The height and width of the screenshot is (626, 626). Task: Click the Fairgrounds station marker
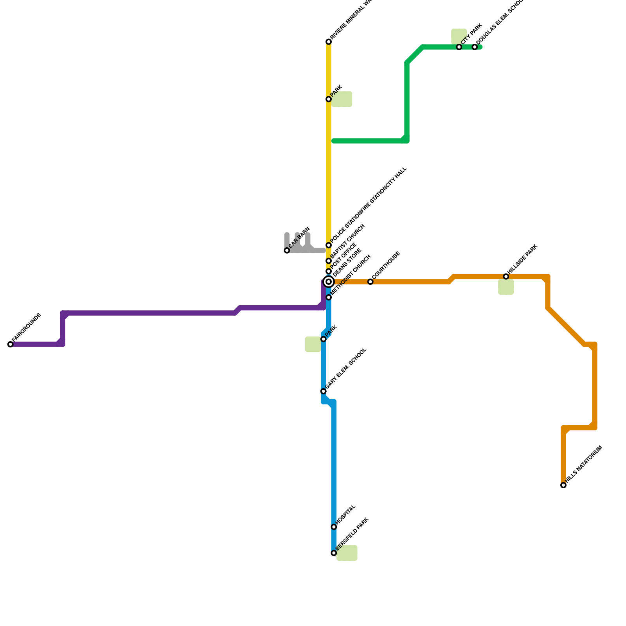10,344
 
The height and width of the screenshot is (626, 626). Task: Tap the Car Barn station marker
287,250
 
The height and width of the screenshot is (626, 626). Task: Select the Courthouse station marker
370,282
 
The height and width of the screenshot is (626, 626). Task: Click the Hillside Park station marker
506,277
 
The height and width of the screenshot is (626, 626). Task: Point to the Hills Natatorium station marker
563,485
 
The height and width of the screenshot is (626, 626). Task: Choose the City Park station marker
459,47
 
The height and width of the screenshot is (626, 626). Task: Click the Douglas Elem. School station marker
475,47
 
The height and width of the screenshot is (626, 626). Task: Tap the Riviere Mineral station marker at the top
329,42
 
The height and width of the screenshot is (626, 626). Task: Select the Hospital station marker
334,527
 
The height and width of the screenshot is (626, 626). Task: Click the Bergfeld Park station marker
334,553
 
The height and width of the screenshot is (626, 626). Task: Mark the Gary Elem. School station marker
323,391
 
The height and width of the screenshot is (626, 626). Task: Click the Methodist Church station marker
329,297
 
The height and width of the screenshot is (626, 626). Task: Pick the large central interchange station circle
329,282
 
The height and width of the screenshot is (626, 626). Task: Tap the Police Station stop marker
329,245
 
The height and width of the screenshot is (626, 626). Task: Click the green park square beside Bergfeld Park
347,553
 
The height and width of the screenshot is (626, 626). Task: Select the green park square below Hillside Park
506,287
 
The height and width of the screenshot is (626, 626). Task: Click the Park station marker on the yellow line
329,99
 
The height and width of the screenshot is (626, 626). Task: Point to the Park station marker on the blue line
323,339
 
